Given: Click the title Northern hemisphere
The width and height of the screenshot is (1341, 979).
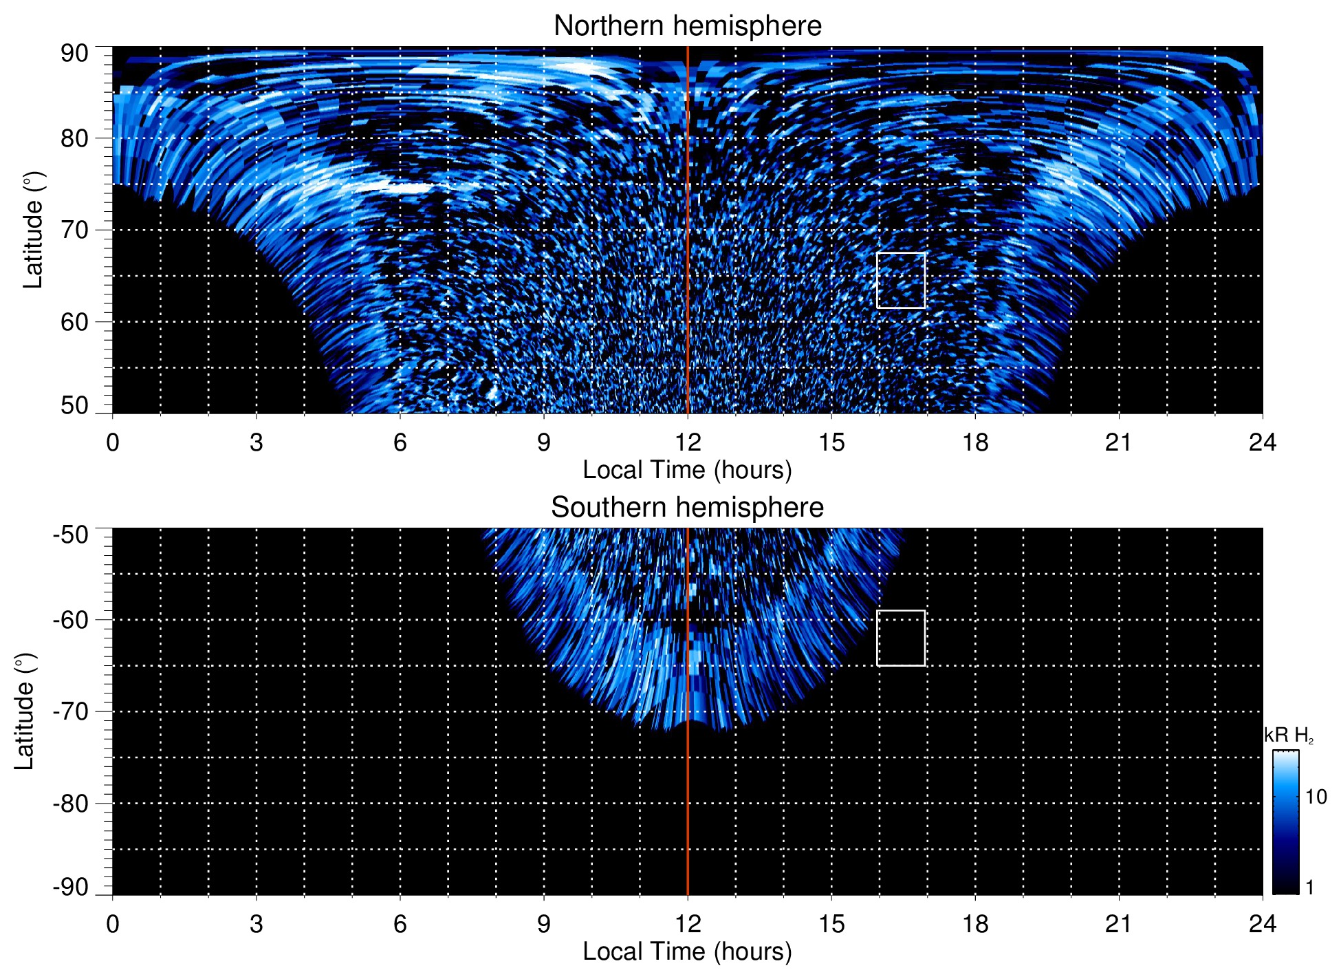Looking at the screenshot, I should coord(687,26).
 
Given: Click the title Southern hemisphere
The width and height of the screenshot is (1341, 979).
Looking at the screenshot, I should coord(687,508).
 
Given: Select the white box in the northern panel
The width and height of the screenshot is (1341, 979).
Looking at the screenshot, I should coord(901,280).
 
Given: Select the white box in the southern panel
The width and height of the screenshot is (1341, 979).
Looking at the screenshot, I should coord(901,638).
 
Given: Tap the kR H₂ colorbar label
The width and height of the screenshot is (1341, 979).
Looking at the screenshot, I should coord(1289,735).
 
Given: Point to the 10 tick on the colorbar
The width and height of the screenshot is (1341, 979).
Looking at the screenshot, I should coord(1316,797).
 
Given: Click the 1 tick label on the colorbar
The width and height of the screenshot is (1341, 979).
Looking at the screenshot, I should coord(1309,887).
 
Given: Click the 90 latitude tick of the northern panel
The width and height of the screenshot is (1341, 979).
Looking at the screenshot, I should coord(74,54).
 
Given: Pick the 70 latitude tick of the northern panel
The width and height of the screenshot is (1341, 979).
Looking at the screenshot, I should coord(74,230).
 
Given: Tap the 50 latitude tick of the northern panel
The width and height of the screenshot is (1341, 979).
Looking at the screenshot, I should coord(74,406).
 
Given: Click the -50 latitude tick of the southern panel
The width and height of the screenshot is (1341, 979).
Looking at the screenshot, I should coord(71,535).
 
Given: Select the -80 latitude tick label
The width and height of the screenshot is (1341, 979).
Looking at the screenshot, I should coord(71,803).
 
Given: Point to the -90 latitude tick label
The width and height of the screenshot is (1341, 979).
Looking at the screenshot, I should coord(71,887).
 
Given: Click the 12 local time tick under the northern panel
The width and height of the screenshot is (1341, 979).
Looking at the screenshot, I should coord(688,442).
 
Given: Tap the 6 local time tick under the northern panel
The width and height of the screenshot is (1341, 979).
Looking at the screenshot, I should coord(400,442).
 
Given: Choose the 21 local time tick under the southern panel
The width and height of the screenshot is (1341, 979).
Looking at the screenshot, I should coord(1119,923).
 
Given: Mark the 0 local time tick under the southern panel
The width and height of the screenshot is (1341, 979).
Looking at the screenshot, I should coord(113,923).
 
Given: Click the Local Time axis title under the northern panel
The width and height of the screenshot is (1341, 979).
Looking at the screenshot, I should coord(687,470).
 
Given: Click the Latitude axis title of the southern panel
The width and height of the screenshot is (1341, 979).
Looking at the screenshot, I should coord(25,711).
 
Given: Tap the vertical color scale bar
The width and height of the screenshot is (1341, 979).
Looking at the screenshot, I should coord(1285,821).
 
